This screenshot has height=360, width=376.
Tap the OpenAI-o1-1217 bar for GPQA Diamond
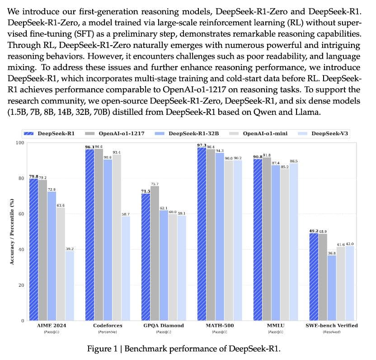[155, 253]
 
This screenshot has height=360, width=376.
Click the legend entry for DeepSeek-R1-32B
[190, 133]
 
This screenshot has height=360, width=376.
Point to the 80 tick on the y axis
[20, 178]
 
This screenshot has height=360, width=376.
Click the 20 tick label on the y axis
[20, 285]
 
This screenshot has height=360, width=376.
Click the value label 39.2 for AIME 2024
[69, 248]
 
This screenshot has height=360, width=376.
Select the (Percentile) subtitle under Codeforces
[108, 332]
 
